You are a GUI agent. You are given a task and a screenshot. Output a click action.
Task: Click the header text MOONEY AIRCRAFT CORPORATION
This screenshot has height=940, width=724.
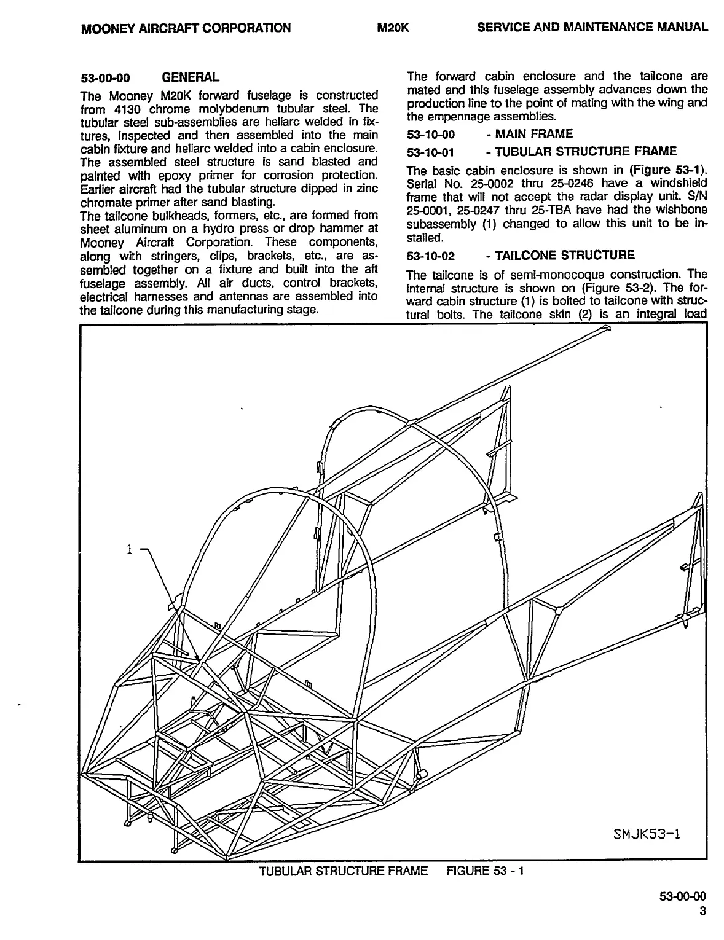click(x=186, y=28)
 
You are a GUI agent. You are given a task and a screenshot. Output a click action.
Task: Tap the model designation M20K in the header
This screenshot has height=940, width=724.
click(x=393, y=28)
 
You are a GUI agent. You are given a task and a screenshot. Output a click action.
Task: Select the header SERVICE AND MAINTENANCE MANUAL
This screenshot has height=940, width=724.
click(x=592, y=27)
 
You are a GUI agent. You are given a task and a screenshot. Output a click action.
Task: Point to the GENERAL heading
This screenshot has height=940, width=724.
click(x=190, y=77)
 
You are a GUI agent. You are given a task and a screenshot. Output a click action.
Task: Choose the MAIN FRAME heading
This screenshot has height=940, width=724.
click(x=529, y=134)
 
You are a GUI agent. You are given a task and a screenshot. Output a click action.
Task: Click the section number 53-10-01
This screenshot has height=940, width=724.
click(x=431, y=152)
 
